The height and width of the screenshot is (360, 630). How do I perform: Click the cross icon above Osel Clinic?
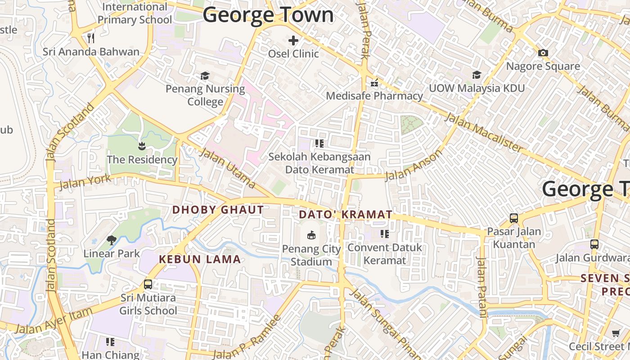pyautogui.click(x=293, y=40)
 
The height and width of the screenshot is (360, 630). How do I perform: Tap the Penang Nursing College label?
pyautogui.click(x=205, y=95)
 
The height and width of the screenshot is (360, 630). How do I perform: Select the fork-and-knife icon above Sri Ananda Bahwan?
pyautogui.click(x=91, y=38)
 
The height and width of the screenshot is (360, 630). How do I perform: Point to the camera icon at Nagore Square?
pyautogui.click(x=543, y=53)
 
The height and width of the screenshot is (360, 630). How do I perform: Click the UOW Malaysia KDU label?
pyautogui.click(x=477, y=88)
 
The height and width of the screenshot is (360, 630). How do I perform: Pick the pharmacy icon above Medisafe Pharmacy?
pyautogui.click(x=374, y=82)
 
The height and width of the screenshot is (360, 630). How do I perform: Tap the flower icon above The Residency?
pyautogui.click(x=142, y=146)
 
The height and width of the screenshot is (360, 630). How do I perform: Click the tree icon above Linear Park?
pyautogui.click(x=112, y=240)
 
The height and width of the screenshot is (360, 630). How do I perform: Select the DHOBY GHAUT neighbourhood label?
pyautogui.click(x=218, y=210)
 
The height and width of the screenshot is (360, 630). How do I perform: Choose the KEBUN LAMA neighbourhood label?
pyautogui.click(x=200, y=259)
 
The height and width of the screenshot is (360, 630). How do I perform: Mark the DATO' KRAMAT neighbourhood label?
pyautogui.click(x=346, y=215)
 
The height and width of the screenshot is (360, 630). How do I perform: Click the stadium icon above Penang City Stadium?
pyautogui.click(x=311, y=235)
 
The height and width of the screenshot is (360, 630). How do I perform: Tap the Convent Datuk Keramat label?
pyautogui.click(x=385, y=254)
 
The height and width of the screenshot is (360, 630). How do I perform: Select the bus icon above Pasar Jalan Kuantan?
pyautogui.click(x=514, y=218)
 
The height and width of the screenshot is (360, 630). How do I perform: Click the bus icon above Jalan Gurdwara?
pyautogui.click(x=594, y=244)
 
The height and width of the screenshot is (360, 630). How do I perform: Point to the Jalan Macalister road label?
pyautogui.click(x=484, y=133)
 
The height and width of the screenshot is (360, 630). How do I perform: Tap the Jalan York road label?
pyautogui.click(x=85, y=181)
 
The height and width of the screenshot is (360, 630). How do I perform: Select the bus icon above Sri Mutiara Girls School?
pyautogui.click(x=148, y=284)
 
